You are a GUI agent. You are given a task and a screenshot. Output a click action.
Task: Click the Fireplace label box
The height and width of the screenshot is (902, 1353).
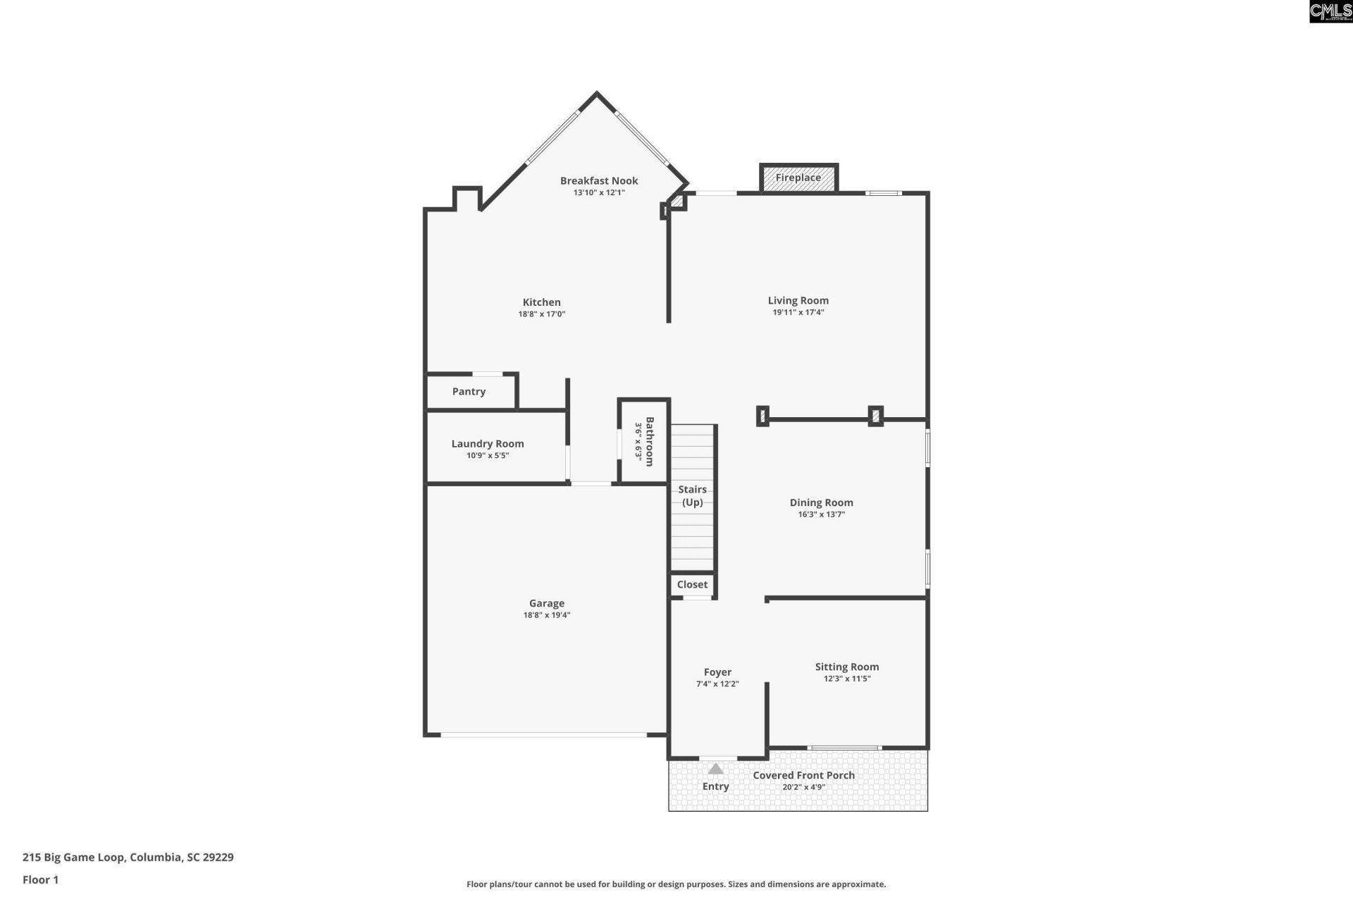[x=798, y=178]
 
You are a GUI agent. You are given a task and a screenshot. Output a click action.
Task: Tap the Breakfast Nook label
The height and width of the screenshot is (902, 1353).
[x=599, y=180]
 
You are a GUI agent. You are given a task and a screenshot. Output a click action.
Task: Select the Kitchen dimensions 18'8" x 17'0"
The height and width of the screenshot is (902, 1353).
[x=542, y=314]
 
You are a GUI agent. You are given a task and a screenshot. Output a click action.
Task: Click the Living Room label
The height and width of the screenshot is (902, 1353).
[x=798, y=300]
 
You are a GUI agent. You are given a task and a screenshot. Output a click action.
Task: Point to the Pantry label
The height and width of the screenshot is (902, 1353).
[x=469, y=392]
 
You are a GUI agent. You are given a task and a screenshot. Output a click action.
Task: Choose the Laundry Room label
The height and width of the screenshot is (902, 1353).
[x=488, y=444]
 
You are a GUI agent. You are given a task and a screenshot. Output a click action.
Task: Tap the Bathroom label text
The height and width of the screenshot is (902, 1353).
[x=650, y=442]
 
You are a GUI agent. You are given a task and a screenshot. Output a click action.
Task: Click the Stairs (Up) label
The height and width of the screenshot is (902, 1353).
[x=693, y=495]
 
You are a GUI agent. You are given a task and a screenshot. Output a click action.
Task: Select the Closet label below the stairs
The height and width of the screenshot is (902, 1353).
[x=692, y=584]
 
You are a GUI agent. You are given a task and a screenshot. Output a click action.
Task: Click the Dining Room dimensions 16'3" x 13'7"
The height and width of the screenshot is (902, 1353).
[x=822, y=514]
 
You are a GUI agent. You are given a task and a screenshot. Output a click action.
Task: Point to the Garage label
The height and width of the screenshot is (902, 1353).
[x=547, y=603]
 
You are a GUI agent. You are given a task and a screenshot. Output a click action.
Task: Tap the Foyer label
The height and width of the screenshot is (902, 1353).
[x=717, y=672]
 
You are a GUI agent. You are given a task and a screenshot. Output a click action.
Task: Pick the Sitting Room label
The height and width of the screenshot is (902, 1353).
[x=847, y=667]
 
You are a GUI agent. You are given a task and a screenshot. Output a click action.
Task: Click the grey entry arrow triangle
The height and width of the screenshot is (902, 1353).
[x=716, y=769]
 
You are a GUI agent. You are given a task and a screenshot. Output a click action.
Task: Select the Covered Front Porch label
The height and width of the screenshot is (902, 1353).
[x=804, y=775]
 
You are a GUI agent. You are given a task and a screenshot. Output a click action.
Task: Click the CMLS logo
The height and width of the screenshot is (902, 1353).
[x=1330, y=11]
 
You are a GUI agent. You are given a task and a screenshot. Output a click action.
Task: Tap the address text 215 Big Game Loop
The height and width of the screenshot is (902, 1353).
[x=75, y=858]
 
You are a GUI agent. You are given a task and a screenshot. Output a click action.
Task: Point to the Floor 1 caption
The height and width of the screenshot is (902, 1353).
[x=40, y=879]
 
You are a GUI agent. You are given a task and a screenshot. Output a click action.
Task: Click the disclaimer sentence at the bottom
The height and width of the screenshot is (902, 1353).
[x=676, y=884]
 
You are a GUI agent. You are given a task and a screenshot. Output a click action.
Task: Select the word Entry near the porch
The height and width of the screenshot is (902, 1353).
[x=716, y=786]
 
